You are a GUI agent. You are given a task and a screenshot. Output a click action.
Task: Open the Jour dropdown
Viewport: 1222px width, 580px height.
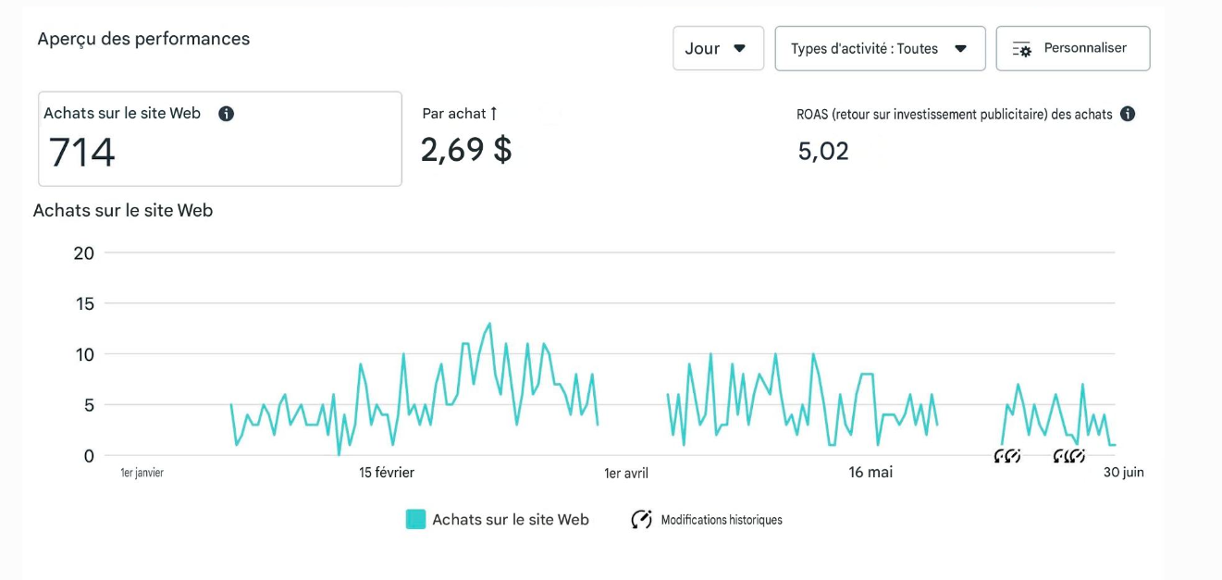click(718, 48)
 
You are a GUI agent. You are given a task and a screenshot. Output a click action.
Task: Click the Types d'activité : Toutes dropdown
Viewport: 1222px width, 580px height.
click(880, 48)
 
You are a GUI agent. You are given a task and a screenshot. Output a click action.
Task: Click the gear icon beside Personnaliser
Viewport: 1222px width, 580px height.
click(1022, 49)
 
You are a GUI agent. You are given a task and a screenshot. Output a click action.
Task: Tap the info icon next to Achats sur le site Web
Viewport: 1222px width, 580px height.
click(226, 114)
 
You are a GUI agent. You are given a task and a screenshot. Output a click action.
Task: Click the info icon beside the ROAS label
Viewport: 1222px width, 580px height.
click(1127, 114)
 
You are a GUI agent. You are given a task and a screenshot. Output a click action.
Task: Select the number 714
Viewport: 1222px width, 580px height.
click(81, 152)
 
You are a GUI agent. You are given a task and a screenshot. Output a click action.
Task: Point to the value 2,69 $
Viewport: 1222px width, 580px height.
click(466, 150)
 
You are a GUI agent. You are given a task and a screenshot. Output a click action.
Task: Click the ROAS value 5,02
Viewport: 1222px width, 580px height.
click(823, 151)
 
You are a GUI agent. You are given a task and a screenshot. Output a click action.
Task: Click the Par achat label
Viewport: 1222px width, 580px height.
click(454, 114)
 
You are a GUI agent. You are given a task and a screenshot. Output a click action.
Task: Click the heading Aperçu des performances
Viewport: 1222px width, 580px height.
click(143, 39)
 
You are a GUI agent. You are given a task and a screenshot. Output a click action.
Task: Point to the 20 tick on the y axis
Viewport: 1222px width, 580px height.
click(84, 253)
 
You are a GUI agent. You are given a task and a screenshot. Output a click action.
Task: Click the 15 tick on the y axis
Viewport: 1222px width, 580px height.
click(85, 304)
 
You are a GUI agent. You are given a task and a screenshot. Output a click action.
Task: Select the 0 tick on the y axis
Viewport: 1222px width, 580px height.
click(89, 456)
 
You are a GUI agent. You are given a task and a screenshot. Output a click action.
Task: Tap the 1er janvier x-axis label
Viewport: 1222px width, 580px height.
click(142, 473)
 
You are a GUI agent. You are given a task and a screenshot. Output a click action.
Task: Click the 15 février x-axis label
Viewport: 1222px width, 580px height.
click(387, 473)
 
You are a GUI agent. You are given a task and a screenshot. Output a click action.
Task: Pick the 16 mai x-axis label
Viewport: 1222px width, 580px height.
click(870, 473)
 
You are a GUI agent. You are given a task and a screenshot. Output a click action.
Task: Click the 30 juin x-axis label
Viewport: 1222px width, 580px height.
click(1124, 473)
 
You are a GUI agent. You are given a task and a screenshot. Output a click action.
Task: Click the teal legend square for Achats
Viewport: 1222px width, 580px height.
click(415, 519)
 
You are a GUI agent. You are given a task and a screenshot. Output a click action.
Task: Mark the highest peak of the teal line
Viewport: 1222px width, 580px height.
click(489, 324)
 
